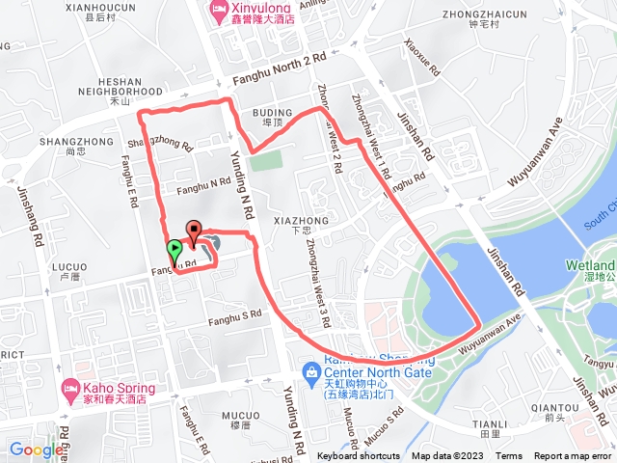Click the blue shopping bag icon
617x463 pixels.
point(311,371)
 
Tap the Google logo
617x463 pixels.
point(36,449)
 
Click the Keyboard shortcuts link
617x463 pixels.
point(359,456)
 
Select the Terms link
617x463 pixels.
point(509,456)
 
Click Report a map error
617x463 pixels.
point(573,456)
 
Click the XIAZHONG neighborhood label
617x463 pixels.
point(301,221)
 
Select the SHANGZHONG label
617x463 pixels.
point(65,141)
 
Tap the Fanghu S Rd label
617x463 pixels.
point(235,314)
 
